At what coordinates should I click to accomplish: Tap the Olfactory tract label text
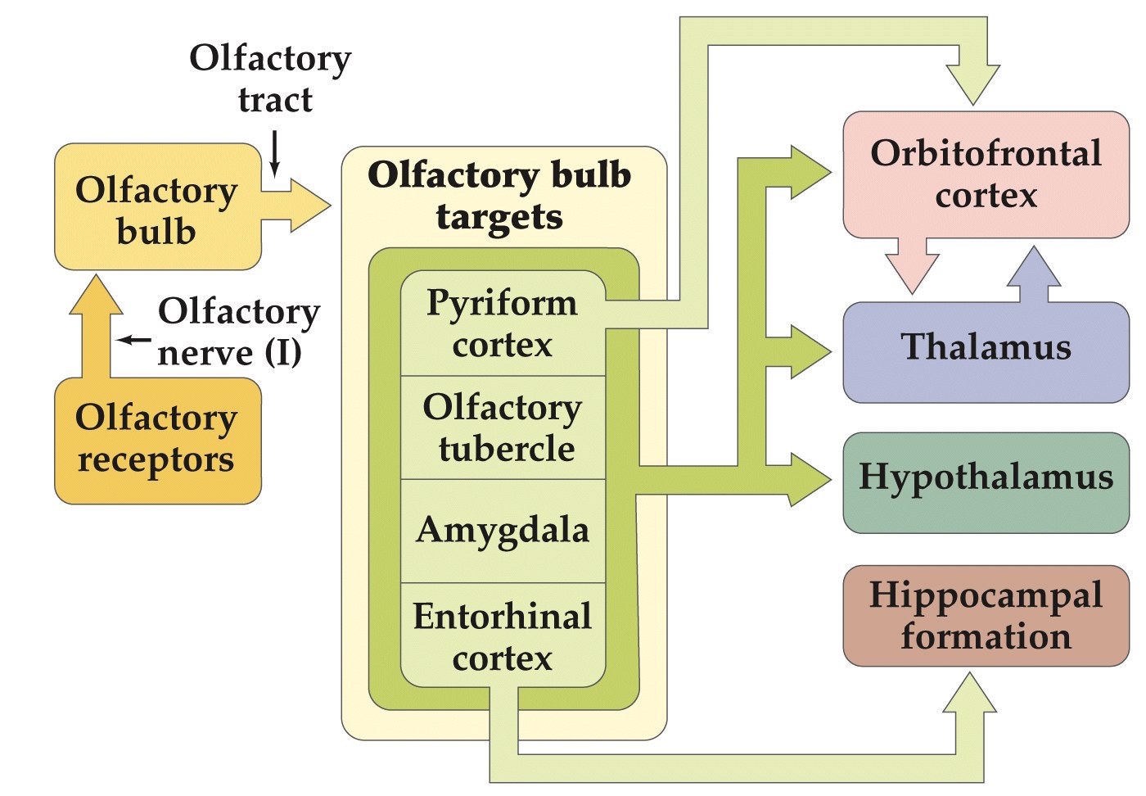coord(271,79)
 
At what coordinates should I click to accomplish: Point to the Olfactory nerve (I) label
coord(237,332)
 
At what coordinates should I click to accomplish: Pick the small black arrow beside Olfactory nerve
coord(134,339)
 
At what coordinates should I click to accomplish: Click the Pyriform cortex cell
coord(502,323)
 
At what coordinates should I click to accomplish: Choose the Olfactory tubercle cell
coord(502,427)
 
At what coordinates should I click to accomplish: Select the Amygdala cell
coord(502,530)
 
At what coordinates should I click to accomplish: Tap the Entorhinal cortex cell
coord(502,636)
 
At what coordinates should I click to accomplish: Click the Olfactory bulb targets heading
coord(499,196)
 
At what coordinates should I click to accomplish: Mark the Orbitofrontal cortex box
coord(986,174)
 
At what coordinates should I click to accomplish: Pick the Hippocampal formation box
coord(986,615)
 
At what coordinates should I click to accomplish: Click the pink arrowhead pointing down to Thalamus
coord(912,270)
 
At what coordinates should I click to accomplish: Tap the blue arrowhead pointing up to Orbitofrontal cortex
coord(1034,270)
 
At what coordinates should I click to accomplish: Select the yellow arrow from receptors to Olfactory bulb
coord(97,328)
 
